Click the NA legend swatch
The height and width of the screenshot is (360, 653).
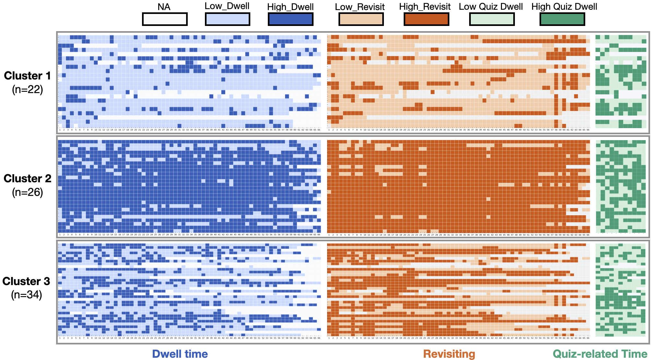(165, 19)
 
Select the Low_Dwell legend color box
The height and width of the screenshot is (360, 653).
(227, 19)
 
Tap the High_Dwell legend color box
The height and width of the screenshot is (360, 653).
(291, 19)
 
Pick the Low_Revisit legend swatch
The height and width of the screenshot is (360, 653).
(361, 19)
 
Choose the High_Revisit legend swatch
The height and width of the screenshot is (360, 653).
(426, 19)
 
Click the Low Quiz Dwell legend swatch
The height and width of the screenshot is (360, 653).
(492, 19)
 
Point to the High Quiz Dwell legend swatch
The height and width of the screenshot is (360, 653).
(562, 19)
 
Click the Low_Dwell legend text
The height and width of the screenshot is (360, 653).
(227, 6)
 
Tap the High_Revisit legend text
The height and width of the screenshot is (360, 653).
(425, 6)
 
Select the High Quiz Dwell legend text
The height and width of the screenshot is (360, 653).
(564, 6)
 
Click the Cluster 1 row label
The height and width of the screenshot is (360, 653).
(27, 76)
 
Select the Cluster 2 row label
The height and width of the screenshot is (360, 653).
(27, 178)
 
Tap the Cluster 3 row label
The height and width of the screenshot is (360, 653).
(26, 281)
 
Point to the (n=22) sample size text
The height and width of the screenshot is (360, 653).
(27, 90)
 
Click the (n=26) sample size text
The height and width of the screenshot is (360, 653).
(27, 192)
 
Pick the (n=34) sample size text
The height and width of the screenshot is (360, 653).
(26, 295)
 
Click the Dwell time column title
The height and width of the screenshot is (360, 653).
(180, 354)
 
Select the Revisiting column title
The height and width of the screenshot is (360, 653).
(449, 354)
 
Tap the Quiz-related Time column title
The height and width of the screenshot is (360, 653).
(600, 354)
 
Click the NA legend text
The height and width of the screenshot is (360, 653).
(164, 7)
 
